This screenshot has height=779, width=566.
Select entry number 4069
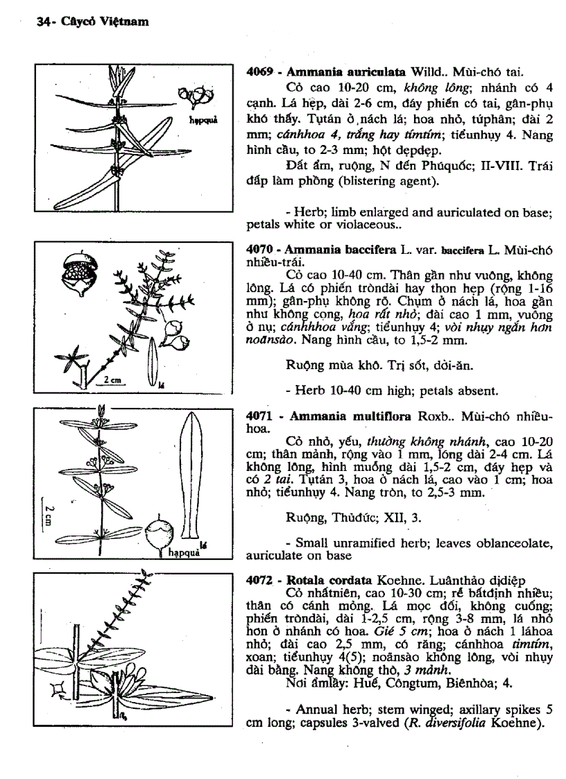[259, 71]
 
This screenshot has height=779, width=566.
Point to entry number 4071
[259, 416]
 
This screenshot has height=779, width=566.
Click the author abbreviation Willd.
[429, 71]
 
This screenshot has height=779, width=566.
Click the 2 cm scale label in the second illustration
[109, 381]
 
